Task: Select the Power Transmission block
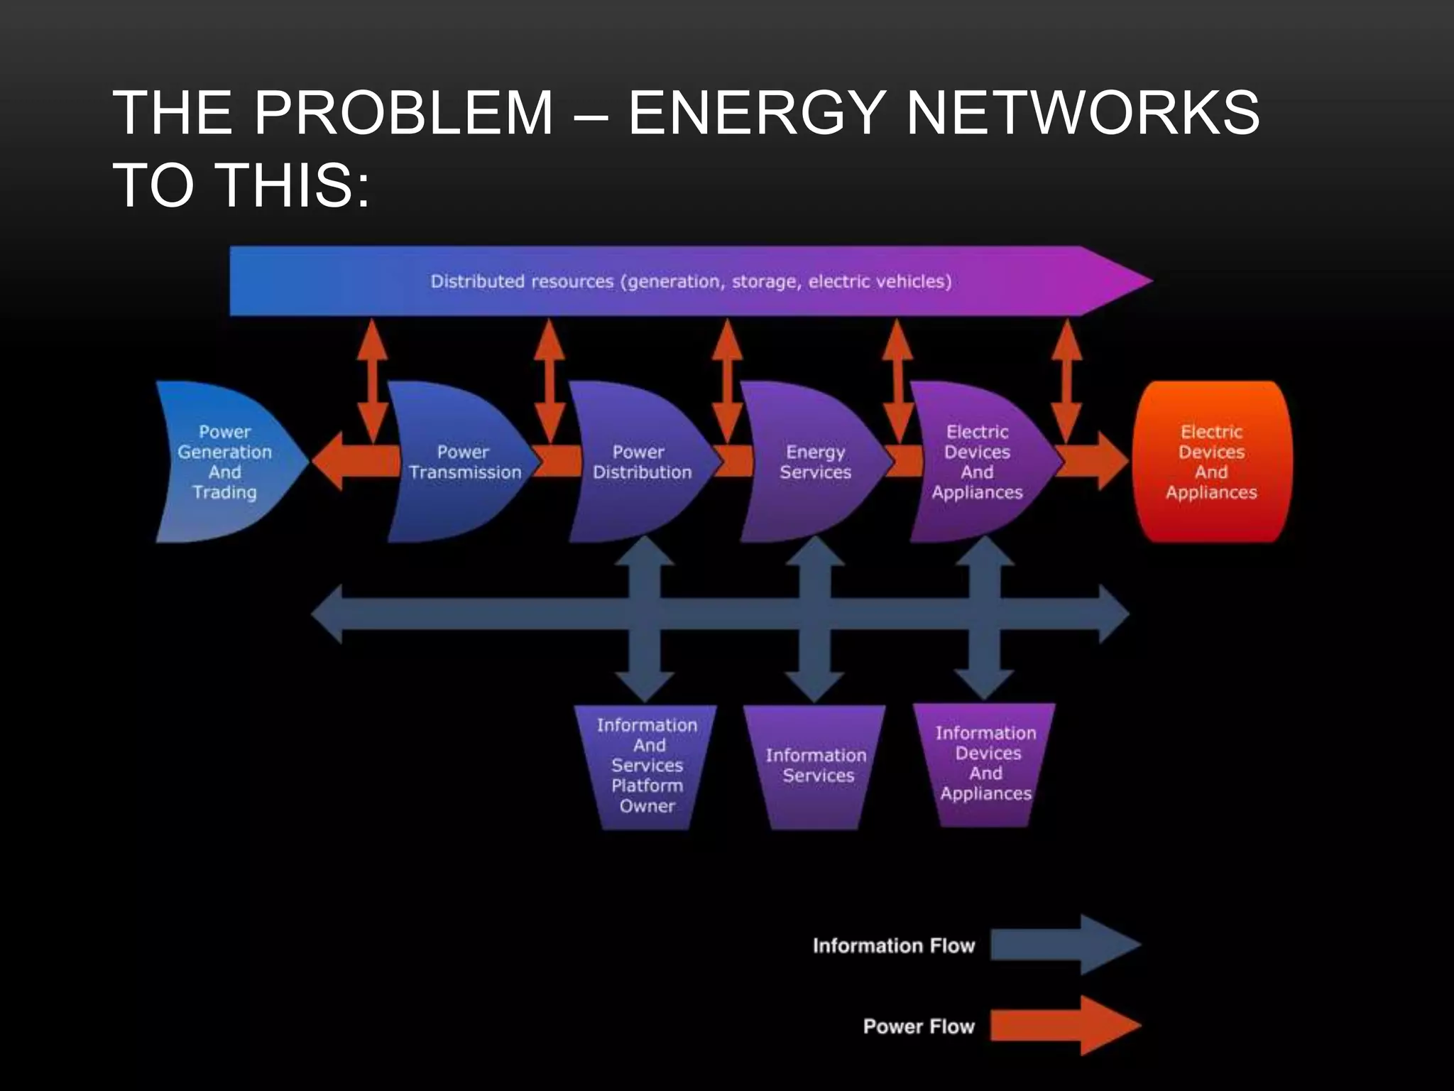(461, 462)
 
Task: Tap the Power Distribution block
(639, 462)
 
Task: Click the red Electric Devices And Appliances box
(1211, 462)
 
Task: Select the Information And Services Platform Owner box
(646, 766)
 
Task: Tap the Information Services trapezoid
(815, 766)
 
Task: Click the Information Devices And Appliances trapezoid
(985, 764)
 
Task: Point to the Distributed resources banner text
(690, 281)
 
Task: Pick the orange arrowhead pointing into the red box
(1112, 461)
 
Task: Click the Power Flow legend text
(918, 1026)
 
